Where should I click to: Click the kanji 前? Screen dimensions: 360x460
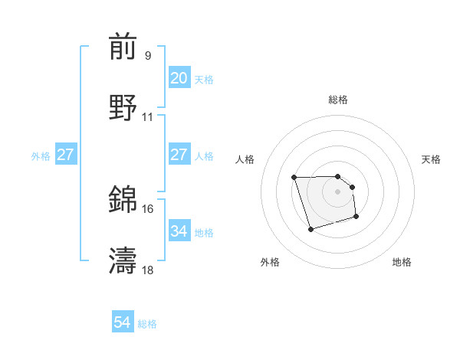point(123,47)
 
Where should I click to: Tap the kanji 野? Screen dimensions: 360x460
point(123,108)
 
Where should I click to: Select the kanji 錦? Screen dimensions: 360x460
point(123,200)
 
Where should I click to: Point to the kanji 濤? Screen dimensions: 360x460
point(123,261)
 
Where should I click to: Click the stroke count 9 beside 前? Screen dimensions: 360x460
point(148,56)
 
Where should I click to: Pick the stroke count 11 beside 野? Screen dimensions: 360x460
point(148,117)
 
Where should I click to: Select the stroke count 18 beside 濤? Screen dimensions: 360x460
point(148,270)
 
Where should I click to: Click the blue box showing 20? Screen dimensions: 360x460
point(179,78)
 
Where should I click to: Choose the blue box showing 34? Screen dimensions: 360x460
point(179,231)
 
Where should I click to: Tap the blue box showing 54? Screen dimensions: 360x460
point(123,323)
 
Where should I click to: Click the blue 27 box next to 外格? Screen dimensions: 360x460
point(65,155)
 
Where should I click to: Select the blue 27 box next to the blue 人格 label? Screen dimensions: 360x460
point(179,155)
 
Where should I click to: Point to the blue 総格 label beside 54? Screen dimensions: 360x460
point(147,324)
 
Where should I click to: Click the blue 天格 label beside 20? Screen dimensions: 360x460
point(204,79)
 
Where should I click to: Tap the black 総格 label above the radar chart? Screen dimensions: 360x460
point(338,100)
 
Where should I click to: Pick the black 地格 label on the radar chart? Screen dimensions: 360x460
point(402,262)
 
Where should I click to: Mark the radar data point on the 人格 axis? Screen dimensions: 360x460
point(294,178)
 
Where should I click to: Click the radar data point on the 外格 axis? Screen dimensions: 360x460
point(310,229)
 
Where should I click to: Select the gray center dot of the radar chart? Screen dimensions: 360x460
point(338,191)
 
